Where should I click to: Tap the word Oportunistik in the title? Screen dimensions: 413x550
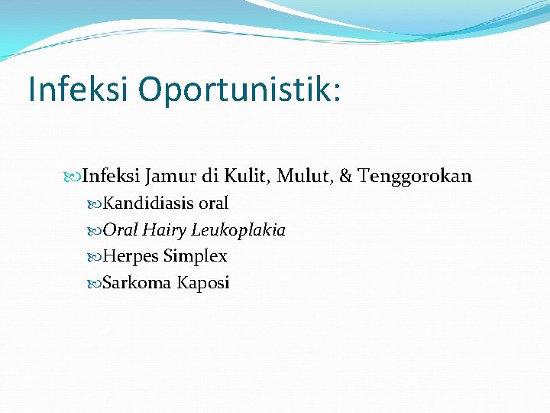coord(239,89)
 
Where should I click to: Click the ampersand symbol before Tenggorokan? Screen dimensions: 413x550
coord(345,177)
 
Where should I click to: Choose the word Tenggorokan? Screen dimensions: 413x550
coord(415,177)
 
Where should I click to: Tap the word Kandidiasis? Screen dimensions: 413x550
coord(148,203)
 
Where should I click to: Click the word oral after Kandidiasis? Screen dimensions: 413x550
coord(213,203)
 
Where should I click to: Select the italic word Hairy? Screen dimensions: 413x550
coord(164,230)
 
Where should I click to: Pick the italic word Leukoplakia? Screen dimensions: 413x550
coord(238,230)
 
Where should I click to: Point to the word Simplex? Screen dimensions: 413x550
coord(195,256)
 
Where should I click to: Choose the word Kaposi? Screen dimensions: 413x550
coord(203,283)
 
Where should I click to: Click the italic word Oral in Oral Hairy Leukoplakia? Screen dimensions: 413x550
coord(120,230)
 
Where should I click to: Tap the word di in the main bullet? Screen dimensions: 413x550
coord(210,177)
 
